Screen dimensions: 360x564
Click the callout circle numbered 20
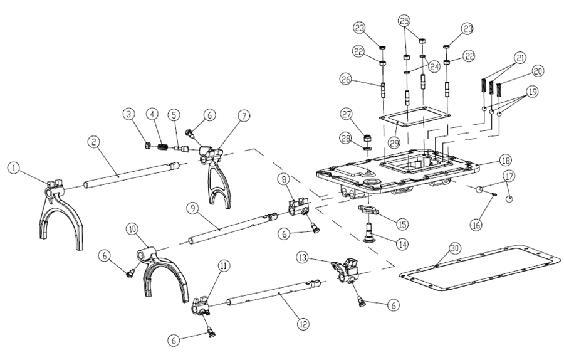pyautogui.click(x=538, y=70)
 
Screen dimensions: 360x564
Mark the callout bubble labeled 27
pyautogui.click(x=347, y=115)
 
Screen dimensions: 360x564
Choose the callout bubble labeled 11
pyautogui.click(x=222, y=266)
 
